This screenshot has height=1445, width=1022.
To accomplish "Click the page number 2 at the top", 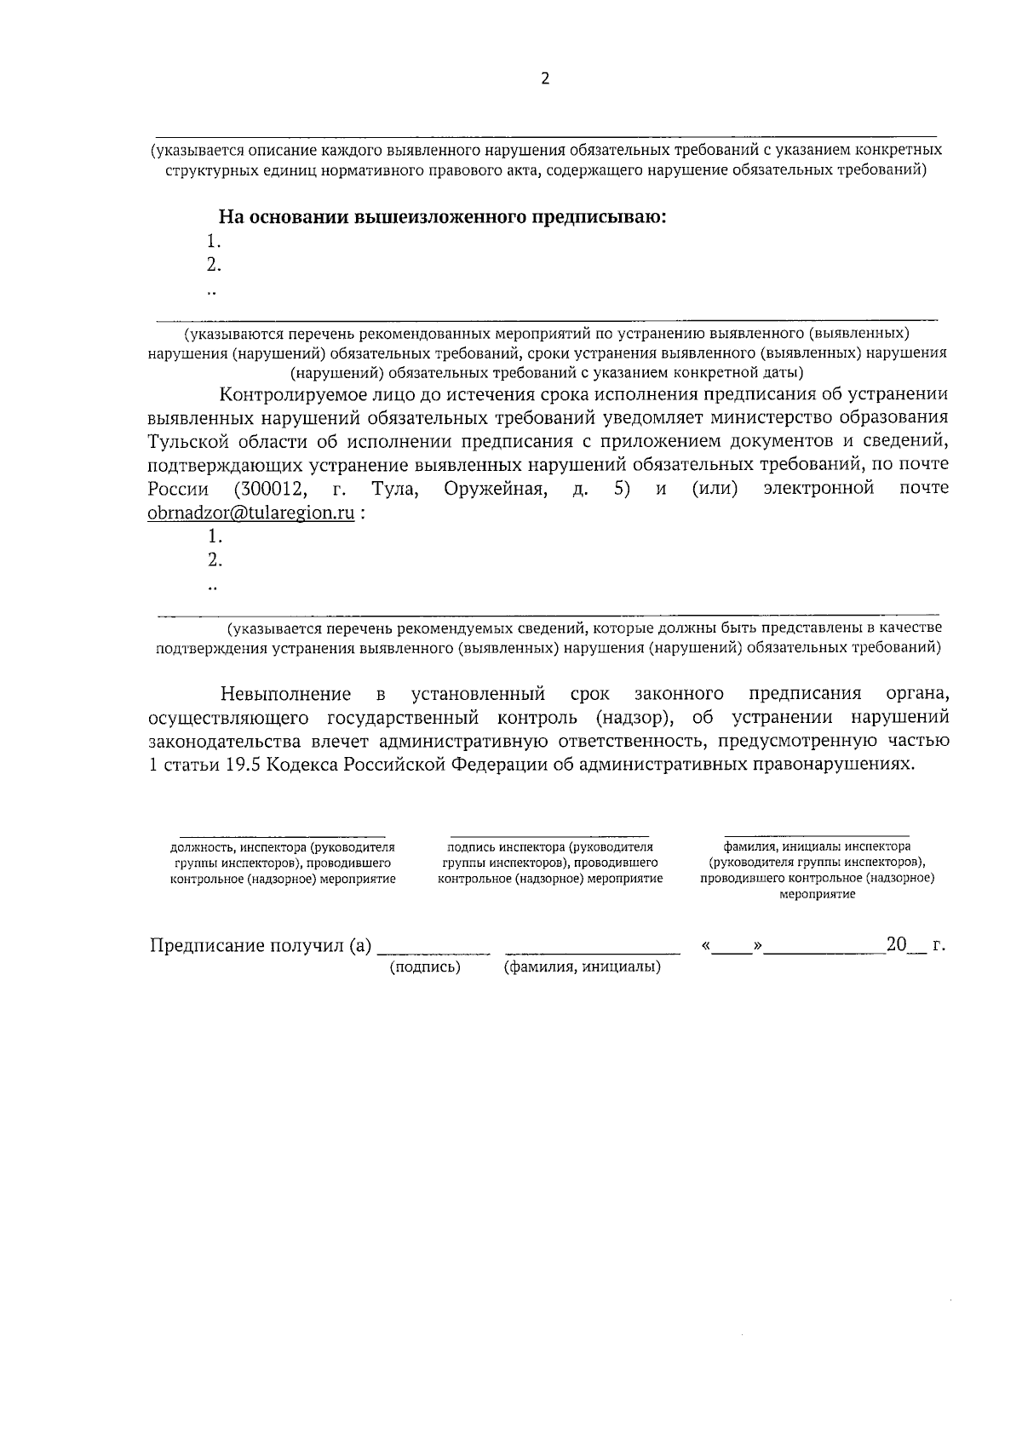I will point(546,79).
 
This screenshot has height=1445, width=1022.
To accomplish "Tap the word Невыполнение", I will point(285,693).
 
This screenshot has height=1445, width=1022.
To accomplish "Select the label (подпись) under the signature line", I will point(425,968).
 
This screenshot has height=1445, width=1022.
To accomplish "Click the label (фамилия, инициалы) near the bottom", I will point(583,968).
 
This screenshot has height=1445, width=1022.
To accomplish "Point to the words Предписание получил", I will point(247,946).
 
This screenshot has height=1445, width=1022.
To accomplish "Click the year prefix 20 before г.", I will point(896,944).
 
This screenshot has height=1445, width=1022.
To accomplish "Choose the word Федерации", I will point(498,765).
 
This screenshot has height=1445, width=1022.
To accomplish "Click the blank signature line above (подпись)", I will point(433,952).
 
